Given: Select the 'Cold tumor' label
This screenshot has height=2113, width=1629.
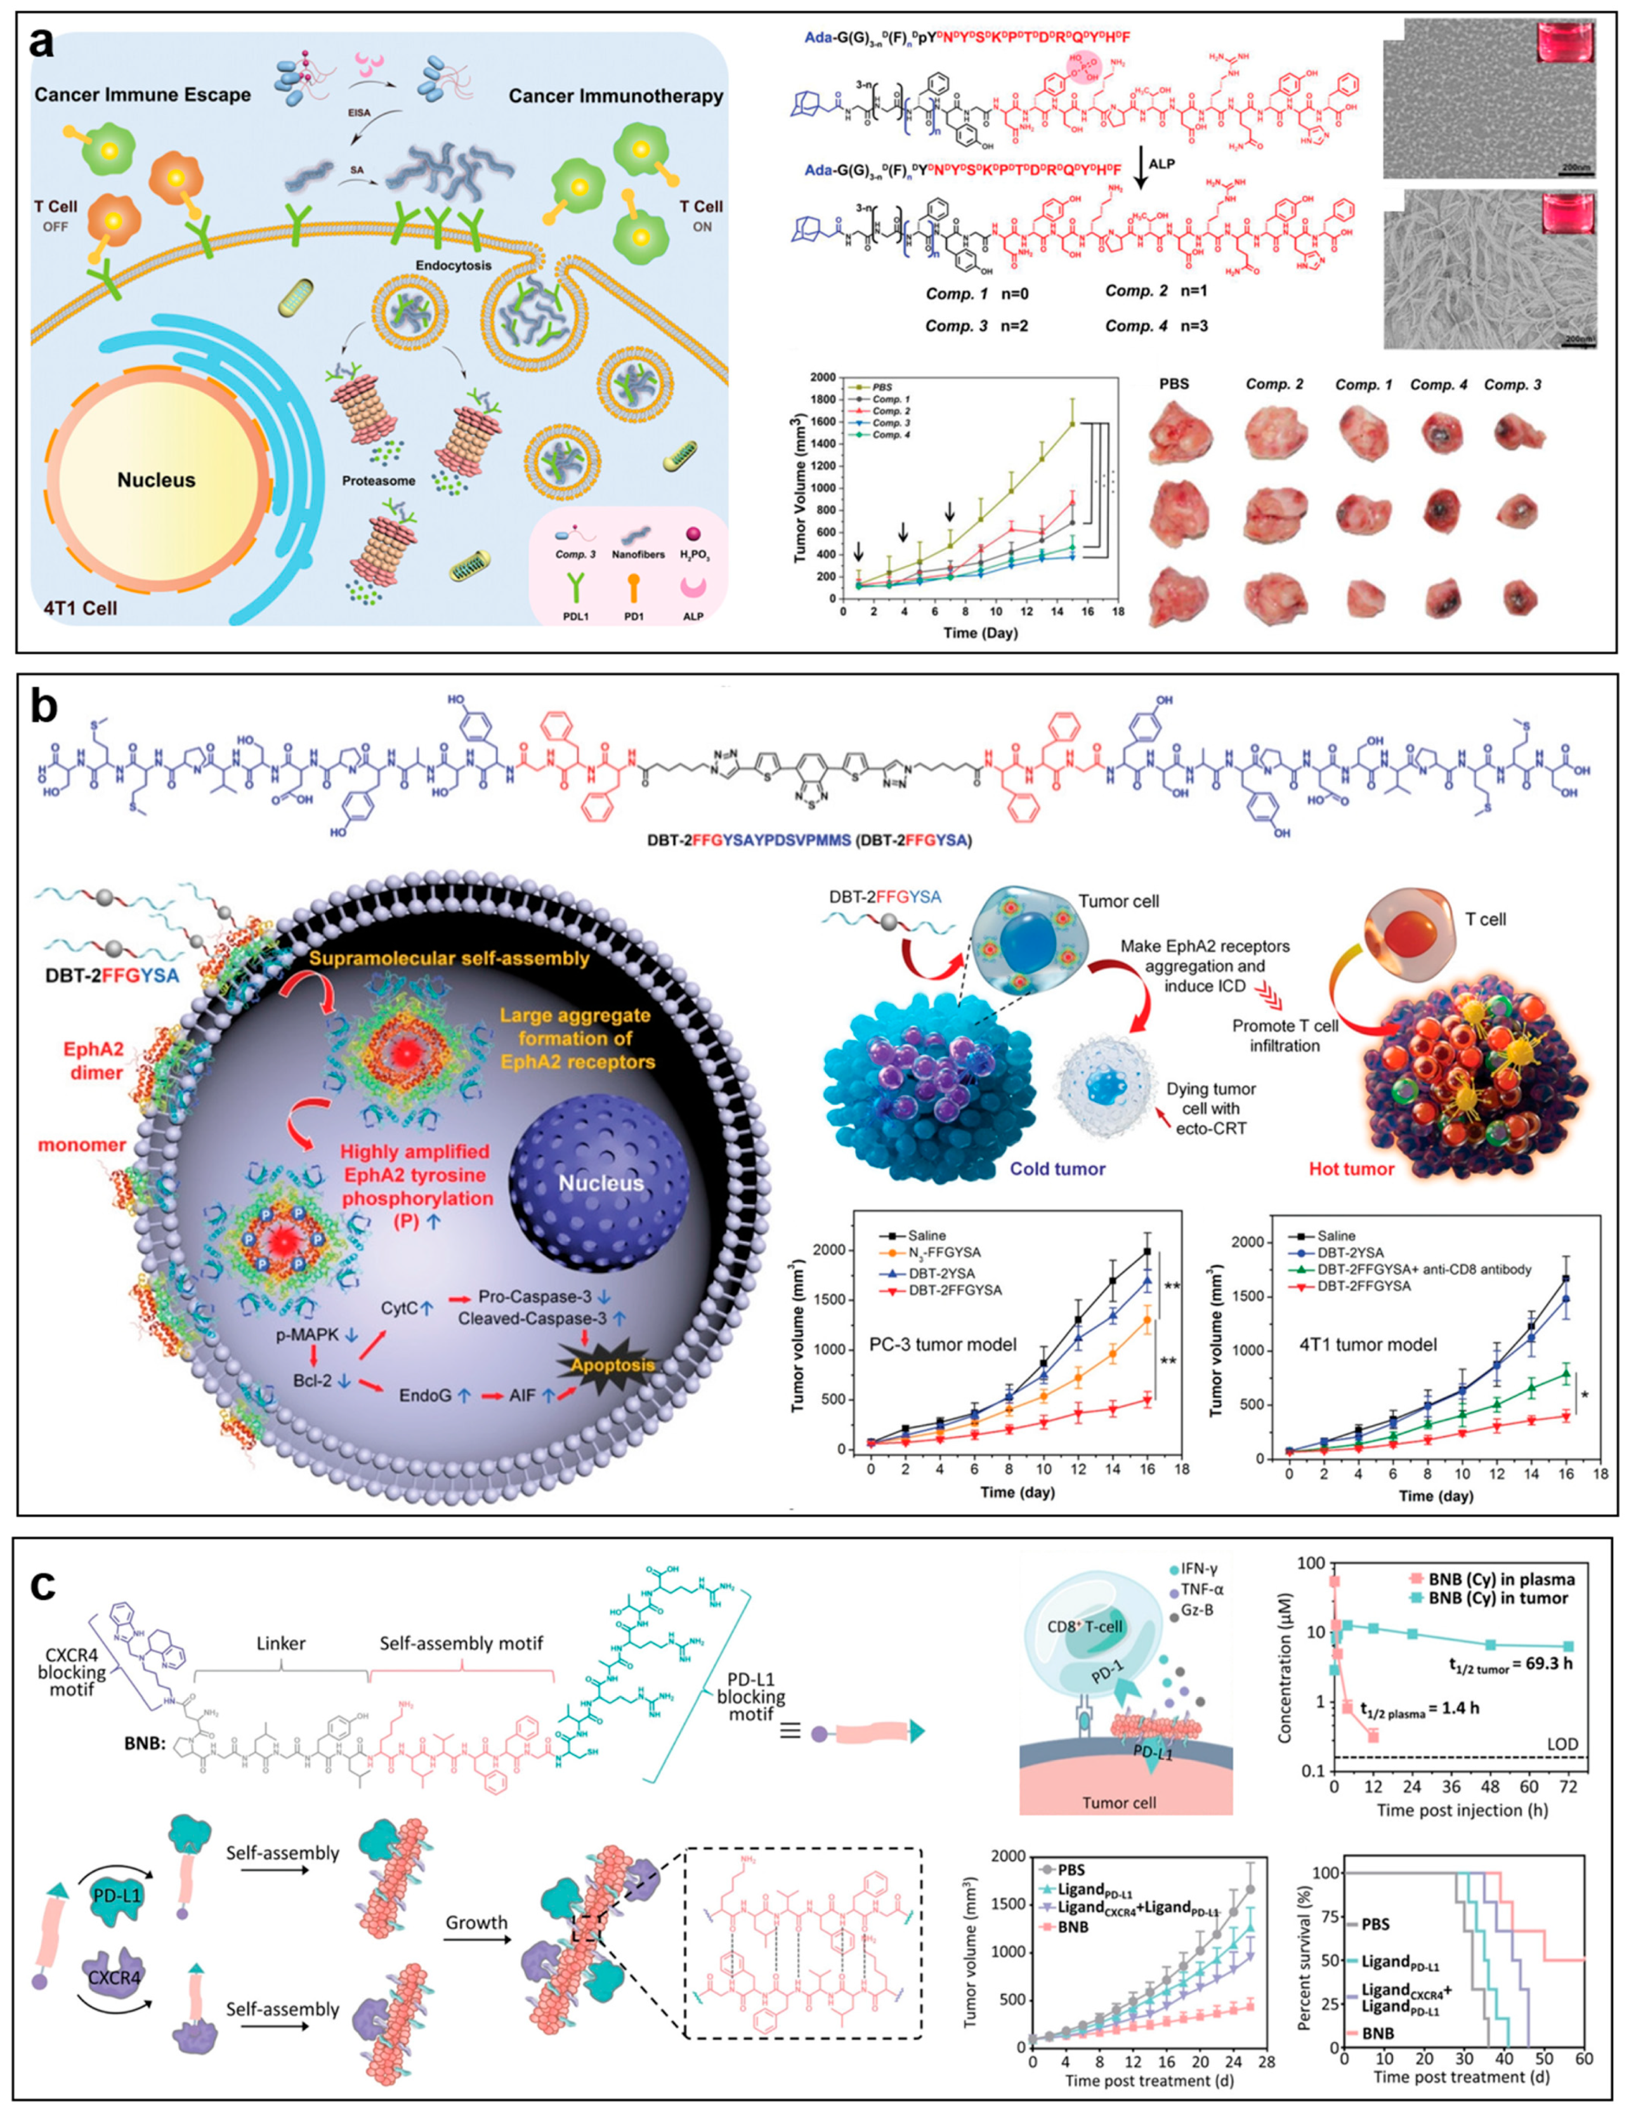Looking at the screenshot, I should [x=1057, y=1169].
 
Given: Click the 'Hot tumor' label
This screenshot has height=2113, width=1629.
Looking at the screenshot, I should [x=1351, y=1169].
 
